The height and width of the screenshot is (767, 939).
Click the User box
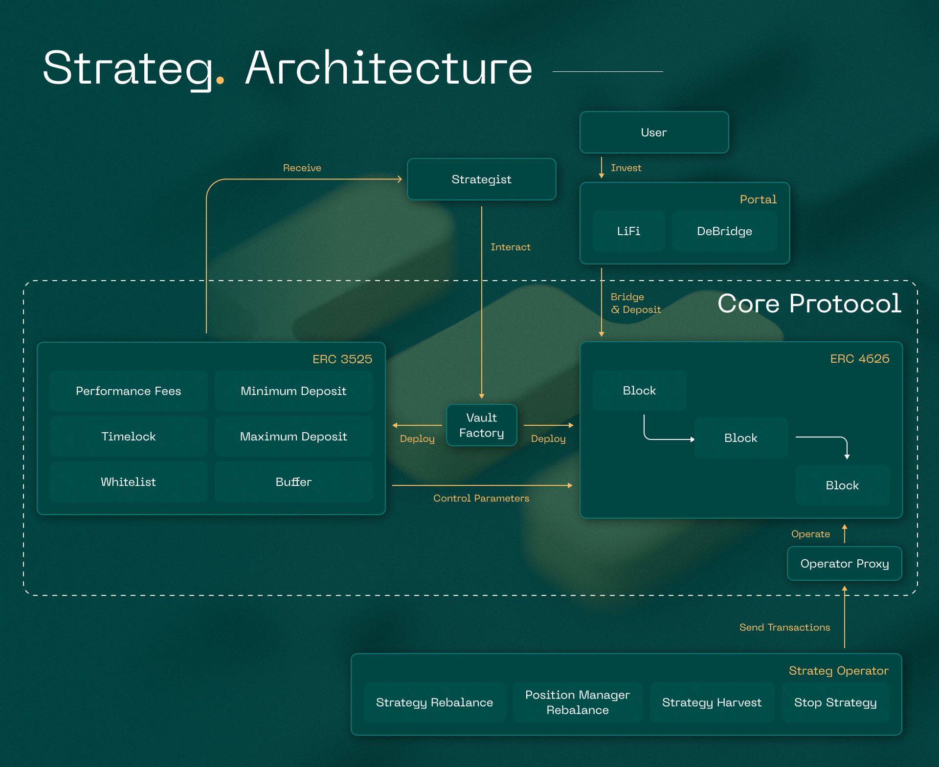[654, 132]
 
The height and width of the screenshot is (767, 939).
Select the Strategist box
[481, 179]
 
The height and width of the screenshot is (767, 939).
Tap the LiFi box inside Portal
[628, 231]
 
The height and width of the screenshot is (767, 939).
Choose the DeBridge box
[724, 231]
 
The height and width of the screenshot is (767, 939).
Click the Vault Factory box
[482, 425]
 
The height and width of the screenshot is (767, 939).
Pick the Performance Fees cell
[129, 391]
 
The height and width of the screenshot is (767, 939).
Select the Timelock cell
[129, 436]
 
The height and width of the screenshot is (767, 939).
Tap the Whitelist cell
[129, 482]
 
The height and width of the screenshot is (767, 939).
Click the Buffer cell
[293, 482]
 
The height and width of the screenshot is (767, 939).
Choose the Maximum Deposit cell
[293, 436]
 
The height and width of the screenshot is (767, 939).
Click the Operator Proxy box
[845, 563]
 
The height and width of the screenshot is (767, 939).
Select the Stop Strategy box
[835, 702]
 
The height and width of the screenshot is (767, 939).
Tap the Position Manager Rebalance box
[578, 702]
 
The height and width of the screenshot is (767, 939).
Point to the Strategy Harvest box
[712, 702]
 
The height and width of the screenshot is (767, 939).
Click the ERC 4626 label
[860, 359]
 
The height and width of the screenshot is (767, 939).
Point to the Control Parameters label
[481, 498]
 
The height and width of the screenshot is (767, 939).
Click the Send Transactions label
[784, 627]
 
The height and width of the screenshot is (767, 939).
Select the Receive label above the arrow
[302, 168]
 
